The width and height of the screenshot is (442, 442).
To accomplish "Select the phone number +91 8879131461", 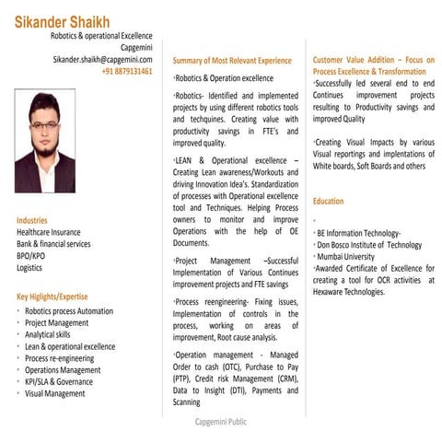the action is coord(127,71).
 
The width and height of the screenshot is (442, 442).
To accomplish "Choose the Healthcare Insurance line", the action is coord(48,232).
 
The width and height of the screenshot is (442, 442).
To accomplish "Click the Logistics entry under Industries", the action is coord(29,268).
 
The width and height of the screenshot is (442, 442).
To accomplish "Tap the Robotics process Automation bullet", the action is coord(69,311).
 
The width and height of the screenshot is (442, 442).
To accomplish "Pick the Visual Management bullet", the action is coord(55,393).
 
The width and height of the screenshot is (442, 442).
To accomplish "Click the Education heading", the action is coord(329,201).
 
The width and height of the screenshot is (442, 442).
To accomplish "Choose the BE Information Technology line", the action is coord(359,233).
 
